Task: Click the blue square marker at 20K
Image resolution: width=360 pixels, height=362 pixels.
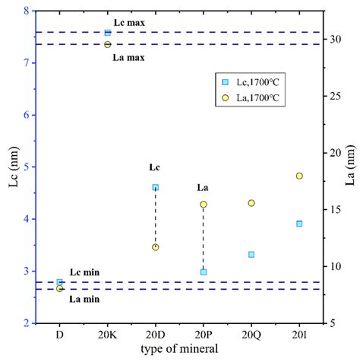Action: [x=108, y=33]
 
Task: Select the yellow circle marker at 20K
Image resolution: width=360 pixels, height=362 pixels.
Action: [x=108, y=44]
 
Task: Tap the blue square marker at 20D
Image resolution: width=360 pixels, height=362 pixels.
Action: [x=156, y=187]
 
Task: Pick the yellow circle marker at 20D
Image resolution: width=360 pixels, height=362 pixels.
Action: [x=156, y=247]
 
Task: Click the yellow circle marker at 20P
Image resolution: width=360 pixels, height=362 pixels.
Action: [x=204, y=205]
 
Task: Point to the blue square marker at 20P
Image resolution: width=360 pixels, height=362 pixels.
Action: [x=204, y=271]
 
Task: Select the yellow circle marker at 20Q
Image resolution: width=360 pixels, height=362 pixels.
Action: [x=251, y=203]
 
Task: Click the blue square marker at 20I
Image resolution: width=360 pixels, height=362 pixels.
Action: [x=299, y=224]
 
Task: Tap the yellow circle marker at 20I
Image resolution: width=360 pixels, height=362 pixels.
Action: [x=299, y=176]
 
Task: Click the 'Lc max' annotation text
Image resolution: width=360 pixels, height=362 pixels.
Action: [x=129, y=23]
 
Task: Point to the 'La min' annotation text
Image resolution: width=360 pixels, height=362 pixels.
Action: [x=85, y=299]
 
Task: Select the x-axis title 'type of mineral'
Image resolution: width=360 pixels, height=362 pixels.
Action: [x=179, y=348]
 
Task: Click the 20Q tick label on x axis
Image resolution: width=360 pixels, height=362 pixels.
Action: [x=251, y=333]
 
